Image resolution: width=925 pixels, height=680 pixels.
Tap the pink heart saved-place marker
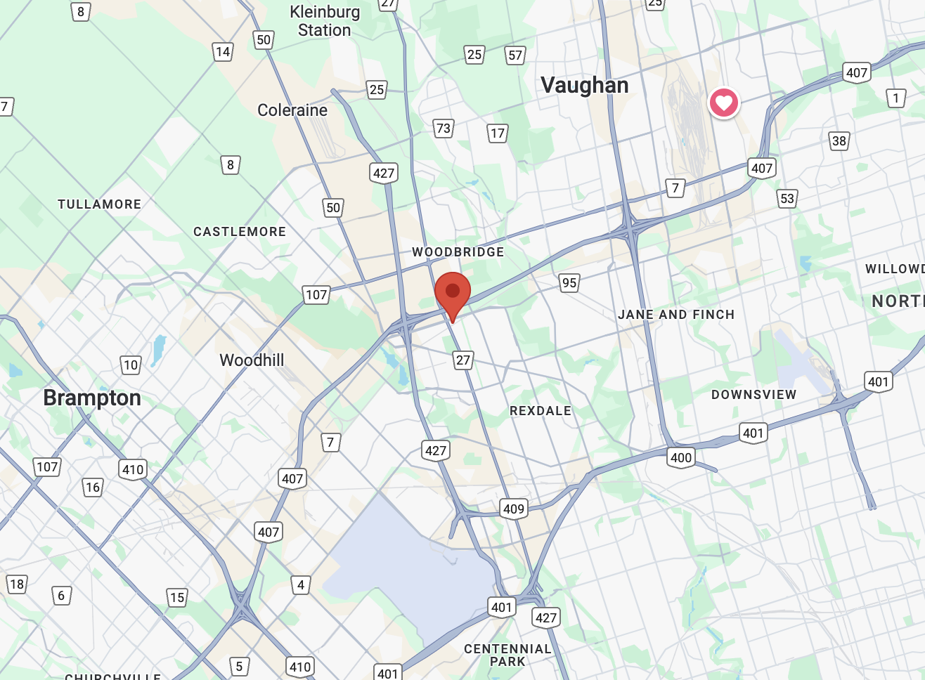point(723,103)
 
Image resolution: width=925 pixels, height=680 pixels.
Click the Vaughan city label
point(584,86)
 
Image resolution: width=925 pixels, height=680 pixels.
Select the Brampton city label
point(92,398)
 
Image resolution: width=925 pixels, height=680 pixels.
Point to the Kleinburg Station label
point(324,21)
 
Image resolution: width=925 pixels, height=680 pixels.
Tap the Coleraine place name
point(292,110)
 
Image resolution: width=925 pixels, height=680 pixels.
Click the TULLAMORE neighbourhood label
point(99,204)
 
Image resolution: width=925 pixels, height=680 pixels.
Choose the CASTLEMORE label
point(240,232)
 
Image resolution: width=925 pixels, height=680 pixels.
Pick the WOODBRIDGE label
point(458,252)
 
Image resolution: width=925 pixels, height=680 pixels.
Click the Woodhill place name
point(252,360)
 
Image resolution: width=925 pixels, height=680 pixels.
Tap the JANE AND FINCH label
point(676,315)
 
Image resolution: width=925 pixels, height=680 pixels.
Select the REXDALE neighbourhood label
point(541,411)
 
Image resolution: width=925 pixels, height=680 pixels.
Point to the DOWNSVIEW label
point(753,395)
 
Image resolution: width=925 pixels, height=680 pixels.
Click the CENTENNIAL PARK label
point(507,655)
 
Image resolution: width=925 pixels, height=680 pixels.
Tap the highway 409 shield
point(514,509)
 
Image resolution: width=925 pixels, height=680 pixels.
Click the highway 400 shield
point(680,458)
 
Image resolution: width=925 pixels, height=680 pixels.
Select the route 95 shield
point(569,283)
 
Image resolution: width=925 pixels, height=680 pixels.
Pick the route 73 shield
point(443,129)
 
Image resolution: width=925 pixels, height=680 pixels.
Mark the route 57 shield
point(515,55)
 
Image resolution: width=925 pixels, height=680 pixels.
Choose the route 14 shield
point(223,51)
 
